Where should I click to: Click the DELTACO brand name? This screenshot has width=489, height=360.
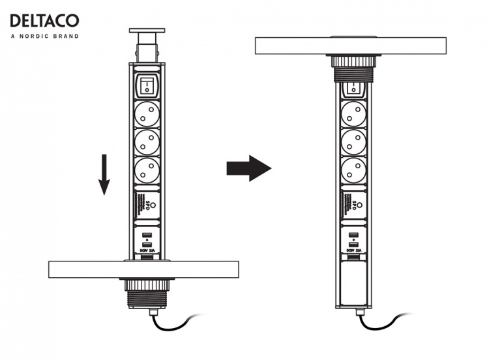click(44, 21)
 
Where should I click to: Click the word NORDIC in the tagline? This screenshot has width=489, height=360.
click(39, 37)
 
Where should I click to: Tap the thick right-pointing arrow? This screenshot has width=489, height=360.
click(248, 169)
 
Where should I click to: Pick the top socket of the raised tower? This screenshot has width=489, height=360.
click(147, 114)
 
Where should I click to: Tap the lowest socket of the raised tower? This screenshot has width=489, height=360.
click(147, 172)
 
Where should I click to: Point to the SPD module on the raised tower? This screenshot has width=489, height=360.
click(147, 205)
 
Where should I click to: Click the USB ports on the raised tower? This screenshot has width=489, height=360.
click(147, 239)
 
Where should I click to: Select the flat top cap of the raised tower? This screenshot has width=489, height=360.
click(147, 31)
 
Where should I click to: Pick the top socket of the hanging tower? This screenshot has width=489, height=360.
click(353, 116)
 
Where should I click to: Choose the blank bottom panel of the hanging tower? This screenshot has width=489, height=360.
click(353, 284)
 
